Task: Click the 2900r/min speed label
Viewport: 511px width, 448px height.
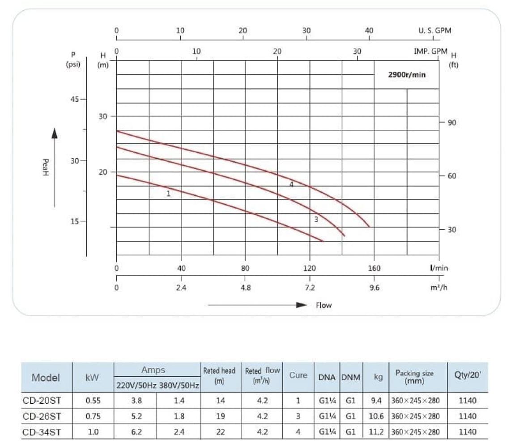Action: tap(406, 75)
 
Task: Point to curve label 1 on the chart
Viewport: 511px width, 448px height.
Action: tap(168, 194)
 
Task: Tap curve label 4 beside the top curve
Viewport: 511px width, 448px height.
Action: tap(291, 185)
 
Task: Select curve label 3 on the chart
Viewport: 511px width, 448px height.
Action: tap(316, 220)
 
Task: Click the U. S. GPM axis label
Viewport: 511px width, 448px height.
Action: tap(434, 30)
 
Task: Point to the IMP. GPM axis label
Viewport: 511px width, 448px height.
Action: tap(430, 51)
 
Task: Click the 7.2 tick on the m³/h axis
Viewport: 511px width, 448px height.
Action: tap(310, 288)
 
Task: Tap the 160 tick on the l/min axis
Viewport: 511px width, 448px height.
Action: tap(374, 268)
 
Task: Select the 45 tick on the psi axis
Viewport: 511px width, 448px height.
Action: tap(74, 99)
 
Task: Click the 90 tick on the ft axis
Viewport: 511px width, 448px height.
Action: tap(452, 122)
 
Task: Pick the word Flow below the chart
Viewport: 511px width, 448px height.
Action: tap(324, 305)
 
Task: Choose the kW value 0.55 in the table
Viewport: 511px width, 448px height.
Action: tap(93, 401)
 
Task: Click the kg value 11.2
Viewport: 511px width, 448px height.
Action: tap(376, 432)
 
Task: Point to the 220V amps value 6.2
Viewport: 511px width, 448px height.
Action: tap(136, 432)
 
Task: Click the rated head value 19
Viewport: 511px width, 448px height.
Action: tap(221, 416)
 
